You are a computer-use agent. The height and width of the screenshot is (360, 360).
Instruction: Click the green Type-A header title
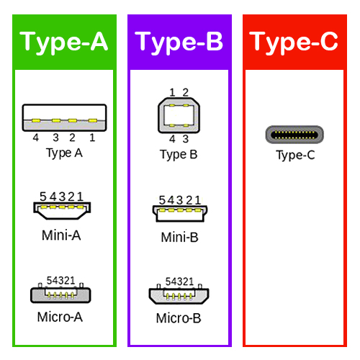click(x=64, y=42)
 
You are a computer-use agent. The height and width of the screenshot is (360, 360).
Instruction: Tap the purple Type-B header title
click(x=179, y=42)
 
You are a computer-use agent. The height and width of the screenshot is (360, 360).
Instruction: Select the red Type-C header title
click(x=294, y=42)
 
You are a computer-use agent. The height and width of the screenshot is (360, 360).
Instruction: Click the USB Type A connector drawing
click(x=64, y=117)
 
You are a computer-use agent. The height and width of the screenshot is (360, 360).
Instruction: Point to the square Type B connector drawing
click(x=179, y=115)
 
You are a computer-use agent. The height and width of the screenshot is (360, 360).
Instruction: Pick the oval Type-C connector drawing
click(x=294, y=135)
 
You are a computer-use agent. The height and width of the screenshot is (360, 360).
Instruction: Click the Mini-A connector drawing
click(x=62, y=211)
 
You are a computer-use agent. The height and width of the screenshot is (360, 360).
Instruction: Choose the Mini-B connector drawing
click(x=180, y=214)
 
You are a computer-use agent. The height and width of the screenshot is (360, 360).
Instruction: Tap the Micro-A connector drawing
click(x=60, y=293)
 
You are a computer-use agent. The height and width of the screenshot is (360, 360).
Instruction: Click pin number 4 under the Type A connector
click(x=36, y=138)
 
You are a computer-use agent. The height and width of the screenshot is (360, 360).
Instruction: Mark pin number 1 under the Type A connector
click(x=92, y=138)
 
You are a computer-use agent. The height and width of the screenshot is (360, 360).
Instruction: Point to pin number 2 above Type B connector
click(x=186, y=92)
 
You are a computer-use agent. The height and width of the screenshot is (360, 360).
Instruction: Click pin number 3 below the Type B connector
click(x=186, y=139)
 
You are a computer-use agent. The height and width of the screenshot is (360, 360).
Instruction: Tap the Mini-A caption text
click(x=61, y=235)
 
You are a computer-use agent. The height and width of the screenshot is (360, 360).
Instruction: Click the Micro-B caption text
click(x=179, y=318)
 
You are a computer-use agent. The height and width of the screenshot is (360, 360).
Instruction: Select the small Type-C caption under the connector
click(x=295, y=156)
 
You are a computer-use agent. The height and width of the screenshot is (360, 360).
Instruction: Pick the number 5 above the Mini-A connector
click(x=43, y=197)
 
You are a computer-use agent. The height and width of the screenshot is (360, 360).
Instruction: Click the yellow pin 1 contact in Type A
click(x=93, y=120)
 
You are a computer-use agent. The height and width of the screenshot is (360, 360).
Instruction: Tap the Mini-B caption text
click(x=180, y=238)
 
